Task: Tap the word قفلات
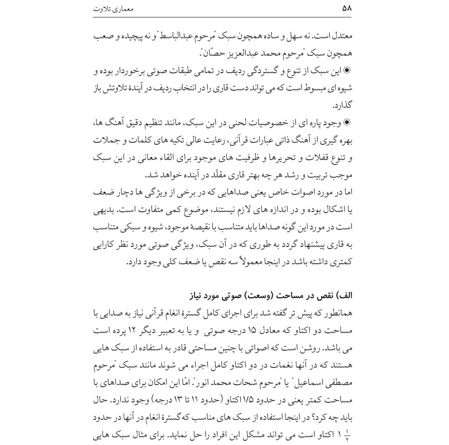(x=317, y=158)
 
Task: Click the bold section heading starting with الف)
(x=271, y=296)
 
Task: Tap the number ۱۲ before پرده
(x=133, y=331)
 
